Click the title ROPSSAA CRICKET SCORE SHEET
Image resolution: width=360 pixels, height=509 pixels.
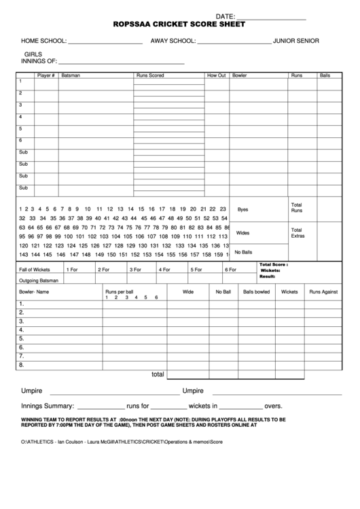click(179, 24)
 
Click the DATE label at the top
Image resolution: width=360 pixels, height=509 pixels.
click(225, 16)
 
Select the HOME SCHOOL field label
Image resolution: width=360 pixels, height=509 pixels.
click(43, 41)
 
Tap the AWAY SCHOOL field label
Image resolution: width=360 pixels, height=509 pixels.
click(173, 41)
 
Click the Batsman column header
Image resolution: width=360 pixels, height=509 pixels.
click(71, 75)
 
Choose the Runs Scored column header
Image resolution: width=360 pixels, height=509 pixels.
click(149, 75)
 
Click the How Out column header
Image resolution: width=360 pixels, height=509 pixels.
click(216, 75)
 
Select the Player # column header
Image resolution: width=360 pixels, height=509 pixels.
click(46, 75)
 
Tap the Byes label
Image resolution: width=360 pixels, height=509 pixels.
click(242, 209)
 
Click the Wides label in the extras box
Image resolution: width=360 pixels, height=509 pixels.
click(242, 232)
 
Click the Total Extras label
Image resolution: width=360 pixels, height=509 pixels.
click(298, 232)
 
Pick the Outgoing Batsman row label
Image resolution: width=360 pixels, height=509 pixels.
click(39, 280)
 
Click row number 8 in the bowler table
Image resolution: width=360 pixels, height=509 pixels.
click(22, 364)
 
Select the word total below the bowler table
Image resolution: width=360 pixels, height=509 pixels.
click(158, 374)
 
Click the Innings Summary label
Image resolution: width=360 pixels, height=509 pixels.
click(47, 406)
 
